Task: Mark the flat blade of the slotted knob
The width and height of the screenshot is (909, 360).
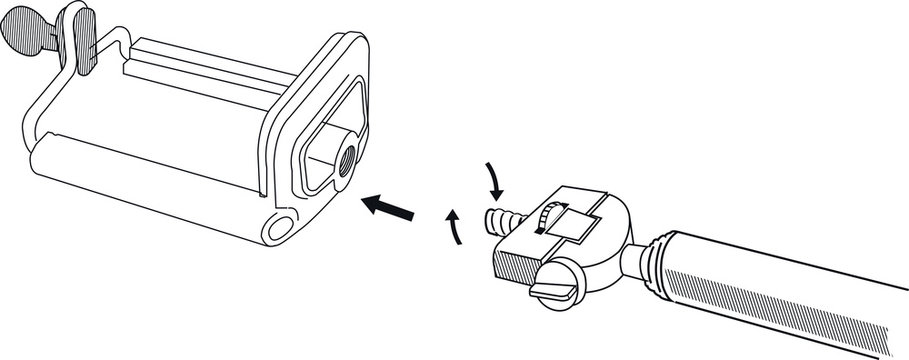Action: click(x=552, y=290)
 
